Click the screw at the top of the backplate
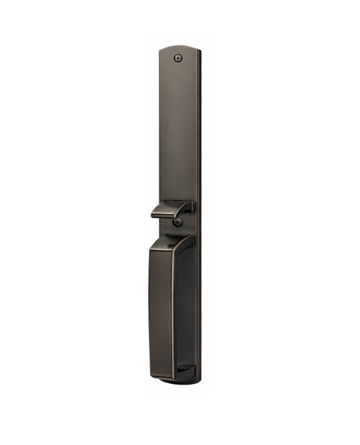click(179, 58)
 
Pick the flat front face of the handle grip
click(161, 309)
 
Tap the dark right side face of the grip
click(185, 309)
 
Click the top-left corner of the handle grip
click(151, 250)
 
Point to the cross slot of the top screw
click(179, 58)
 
